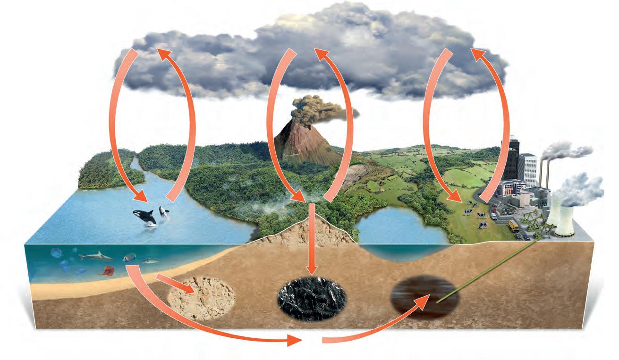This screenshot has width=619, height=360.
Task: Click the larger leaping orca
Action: [146, 218]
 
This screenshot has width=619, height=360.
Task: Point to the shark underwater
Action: [96, 257]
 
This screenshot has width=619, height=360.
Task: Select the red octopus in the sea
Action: [106, 271]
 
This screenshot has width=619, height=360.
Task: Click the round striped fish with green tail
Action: [128, 258]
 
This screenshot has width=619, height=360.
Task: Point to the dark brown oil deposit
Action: [423, 297]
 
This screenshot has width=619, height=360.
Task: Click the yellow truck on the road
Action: [513, 226]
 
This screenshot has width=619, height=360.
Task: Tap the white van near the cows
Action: [494, 216]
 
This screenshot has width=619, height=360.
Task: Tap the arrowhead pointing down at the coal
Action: [311, 271]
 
